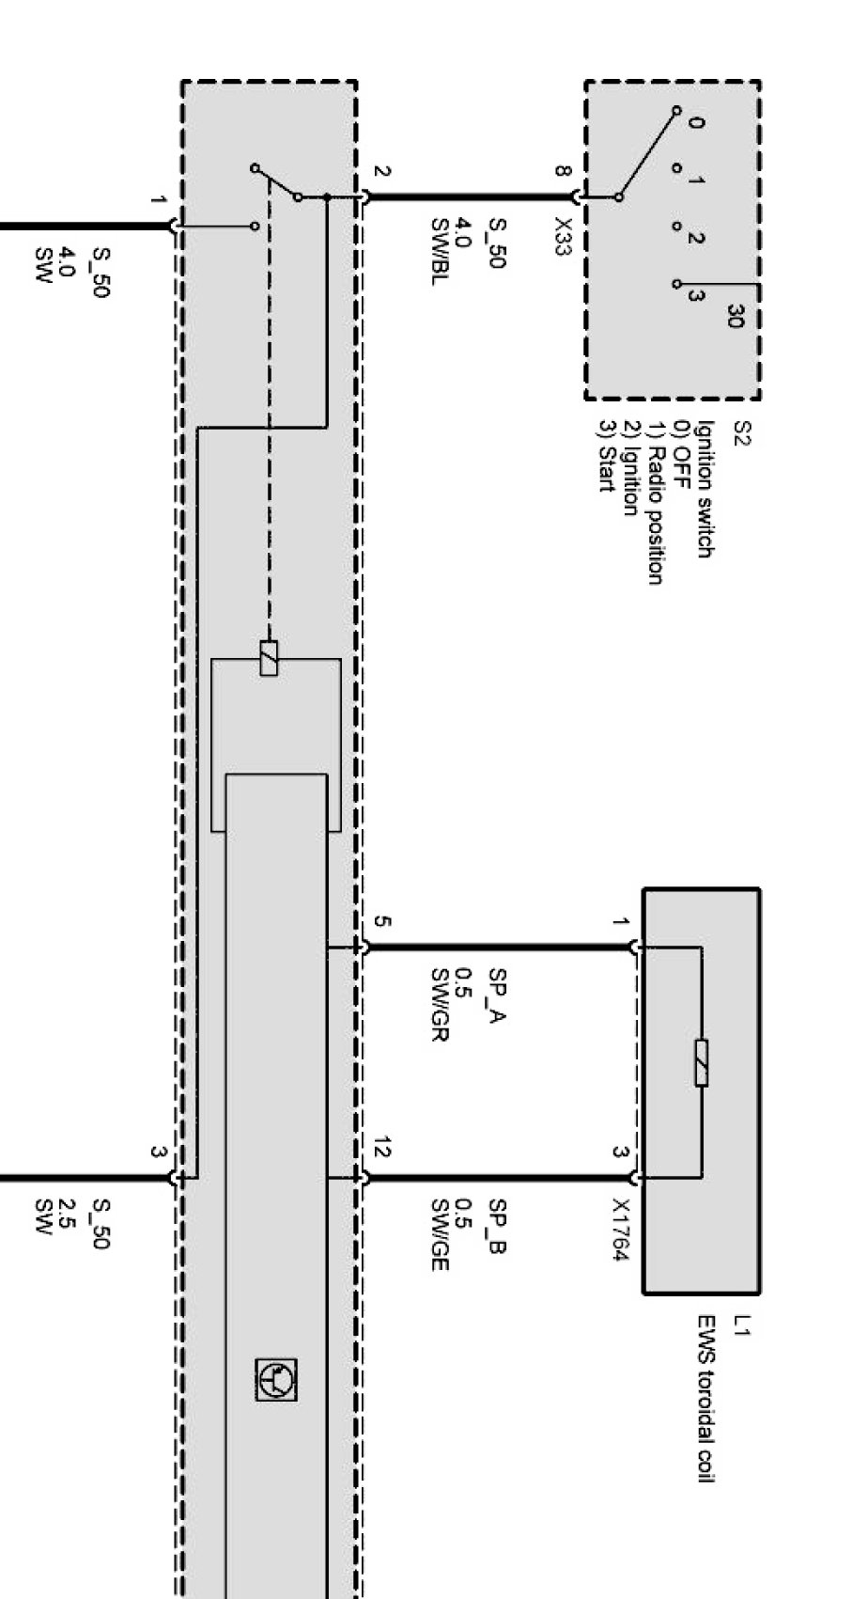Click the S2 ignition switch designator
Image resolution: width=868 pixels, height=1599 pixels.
click(x=741, y=434)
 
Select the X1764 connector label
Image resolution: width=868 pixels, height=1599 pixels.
click(x=620, y=1230)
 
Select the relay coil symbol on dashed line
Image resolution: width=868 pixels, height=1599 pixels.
click(x=269, y=658)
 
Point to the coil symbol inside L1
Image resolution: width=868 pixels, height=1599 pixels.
click(x=701, y=1063)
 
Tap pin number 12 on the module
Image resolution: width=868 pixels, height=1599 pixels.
click(x=381, y=1148)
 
